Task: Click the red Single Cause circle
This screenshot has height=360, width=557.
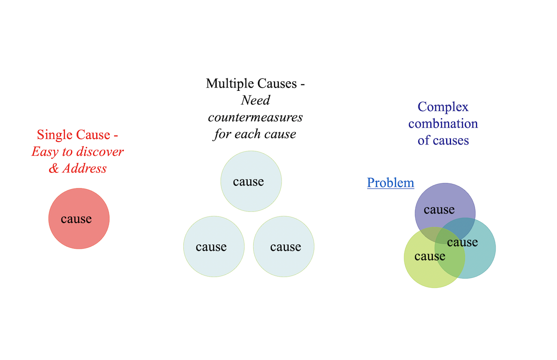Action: point(79,233)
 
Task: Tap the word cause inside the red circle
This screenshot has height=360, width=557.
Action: point(76,219)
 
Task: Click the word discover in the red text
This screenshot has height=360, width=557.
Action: point(101,152)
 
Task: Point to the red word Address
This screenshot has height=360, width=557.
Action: point(84,169)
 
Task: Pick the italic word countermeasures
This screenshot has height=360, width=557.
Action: point(255,117)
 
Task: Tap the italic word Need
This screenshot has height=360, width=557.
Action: point(255,101)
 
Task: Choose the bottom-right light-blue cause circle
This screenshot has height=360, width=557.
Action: point(283,261)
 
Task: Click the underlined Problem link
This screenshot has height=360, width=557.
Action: point(390,183)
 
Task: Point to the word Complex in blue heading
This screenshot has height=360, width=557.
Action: point(443,107)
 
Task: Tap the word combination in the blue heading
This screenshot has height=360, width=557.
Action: point(443,124)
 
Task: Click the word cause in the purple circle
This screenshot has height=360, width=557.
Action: point(439,210)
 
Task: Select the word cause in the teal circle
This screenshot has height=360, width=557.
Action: point(463,243)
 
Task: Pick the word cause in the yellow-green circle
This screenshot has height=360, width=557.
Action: point(430,257)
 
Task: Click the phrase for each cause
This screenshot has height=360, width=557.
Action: point(255,134)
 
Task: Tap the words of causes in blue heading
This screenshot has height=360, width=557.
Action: point(443,141)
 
